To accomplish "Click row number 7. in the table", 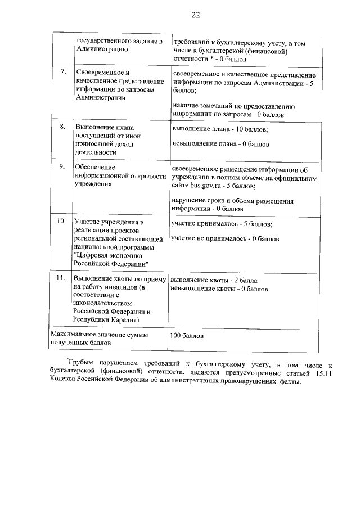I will point(63,72).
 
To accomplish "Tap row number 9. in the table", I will point(63,167).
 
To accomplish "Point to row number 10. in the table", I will point(62,222).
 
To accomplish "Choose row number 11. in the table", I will point(62,278).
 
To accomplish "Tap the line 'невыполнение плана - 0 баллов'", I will point(220,144).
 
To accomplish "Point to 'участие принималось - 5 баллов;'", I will point(222,224).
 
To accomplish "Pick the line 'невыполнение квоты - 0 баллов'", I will point(219,289).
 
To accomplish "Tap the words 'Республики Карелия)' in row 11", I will point(107,319).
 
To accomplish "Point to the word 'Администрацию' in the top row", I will point(101,49).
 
